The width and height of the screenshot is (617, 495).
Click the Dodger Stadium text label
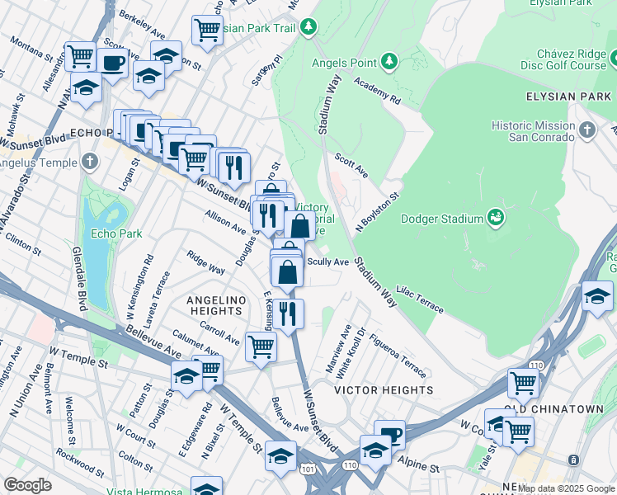tap(440, 219)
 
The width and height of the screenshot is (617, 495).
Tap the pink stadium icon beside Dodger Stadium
tap(495, 218)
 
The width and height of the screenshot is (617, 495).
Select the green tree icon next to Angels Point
tap(389, 62)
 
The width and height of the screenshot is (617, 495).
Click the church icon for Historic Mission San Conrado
tap(586, 130)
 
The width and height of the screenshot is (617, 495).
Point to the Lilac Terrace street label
tap(420, 299)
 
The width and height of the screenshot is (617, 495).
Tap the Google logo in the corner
tap(27, 485)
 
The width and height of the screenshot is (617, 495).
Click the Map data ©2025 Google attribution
tap(566, 488)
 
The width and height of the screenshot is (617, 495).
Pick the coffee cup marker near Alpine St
tap(389, 434)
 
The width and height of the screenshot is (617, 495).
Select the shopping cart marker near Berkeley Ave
tap(207, 30)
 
